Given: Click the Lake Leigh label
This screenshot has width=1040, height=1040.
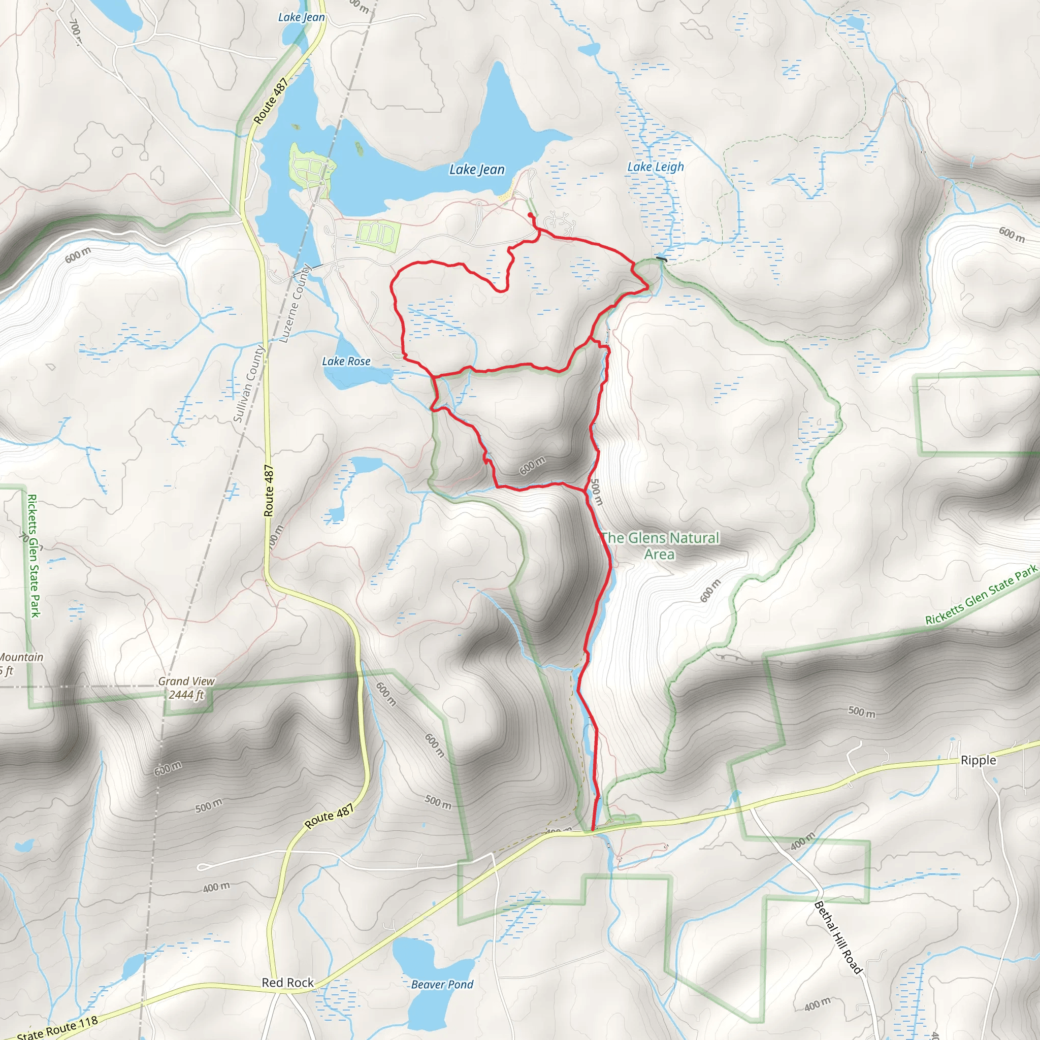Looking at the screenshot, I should [x=656, y=167].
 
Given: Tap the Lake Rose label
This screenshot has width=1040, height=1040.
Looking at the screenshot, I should [x=346, y=361].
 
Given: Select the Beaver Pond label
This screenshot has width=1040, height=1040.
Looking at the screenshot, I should [x=442, y=985].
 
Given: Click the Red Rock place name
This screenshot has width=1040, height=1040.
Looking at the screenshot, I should [x=287, y=983].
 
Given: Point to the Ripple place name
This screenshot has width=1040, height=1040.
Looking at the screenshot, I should [x=978, y=760].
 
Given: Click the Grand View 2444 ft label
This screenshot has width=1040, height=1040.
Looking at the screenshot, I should [x=186, y=688].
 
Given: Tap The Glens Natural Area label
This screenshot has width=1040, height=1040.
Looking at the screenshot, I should [x=660, y=546].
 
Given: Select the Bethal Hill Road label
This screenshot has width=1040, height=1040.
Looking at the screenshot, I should [x=838, y=938].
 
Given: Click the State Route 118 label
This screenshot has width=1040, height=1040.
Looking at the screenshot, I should [x=57, y=1027].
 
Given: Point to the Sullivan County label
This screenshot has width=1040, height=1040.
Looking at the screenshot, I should [x=249, y=383].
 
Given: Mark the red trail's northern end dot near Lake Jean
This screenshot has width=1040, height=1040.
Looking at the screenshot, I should [x=530, y=215].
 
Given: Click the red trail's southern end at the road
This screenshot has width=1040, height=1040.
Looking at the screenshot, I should [x=593, y=831].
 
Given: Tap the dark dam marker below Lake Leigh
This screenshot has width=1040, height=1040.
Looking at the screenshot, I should [x=662, y=259].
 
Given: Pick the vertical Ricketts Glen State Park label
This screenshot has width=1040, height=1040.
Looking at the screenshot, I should [x=34, y=556].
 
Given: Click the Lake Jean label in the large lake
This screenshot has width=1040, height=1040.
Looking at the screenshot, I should [x=477, y=170].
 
